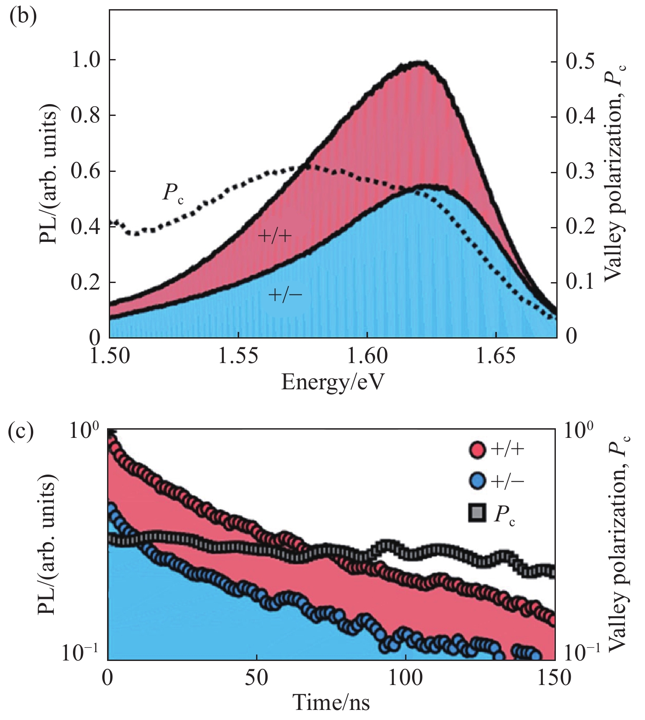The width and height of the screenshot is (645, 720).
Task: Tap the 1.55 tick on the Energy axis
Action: coord(239,357)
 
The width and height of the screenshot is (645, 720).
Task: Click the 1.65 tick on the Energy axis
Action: coord(496,357)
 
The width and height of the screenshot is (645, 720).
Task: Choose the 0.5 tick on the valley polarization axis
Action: coord(581,61)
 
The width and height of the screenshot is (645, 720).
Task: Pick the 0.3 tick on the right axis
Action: coord(581,171)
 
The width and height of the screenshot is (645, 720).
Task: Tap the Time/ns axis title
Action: coord(332,703)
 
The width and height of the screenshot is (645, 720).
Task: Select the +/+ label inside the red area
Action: coord(275,236)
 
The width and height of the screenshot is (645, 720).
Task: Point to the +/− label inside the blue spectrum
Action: coord(285,295)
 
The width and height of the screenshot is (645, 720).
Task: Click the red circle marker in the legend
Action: coord(477,450)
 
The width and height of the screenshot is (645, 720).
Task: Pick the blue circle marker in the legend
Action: coord(477,481)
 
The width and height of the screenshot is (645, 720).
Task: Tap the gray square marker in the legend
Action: coord(477,513)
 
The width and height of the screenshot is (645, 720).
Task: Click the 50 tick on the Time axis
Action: coord(257,678)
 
